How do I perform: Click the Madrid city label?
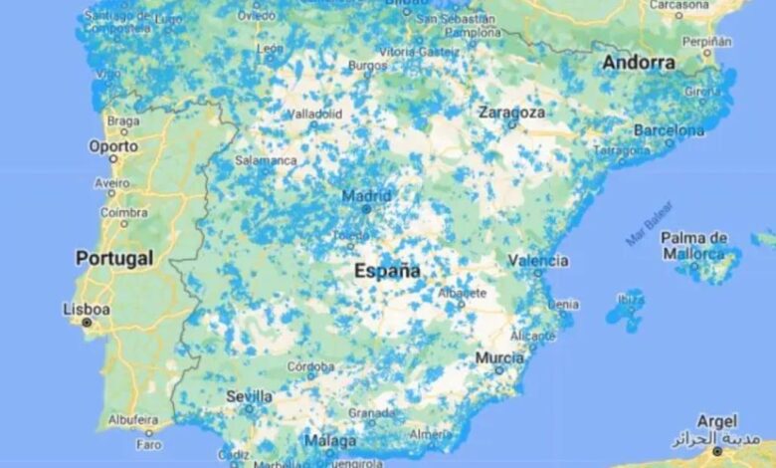pyautogui.click(x=366, y=195)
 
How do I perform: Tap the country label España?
pyautogui.click(x=387, y=270)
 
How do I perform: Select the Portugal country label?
pyautogui.click(x=114, y=258)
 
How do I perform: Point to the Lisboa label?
pyautogui.click(x=87, y=309)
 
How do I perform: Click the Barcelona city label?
pyautogui.click(x=669, y=129)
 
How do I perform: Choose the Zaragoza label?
pyautogui.click(x=511, y=113)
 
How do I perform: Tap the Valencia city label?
pyautogui.click(x=538, y=260)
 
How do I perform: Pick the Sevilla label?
pyautogui.click(x=249, y=395)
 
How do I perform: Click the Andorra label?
pyautogui.click(x=638, y=63)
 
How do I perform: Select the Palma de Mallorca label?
pyautogui.click(x=694, y=245)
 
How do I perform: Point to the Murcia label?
pyautogui.click(x=499, y=357)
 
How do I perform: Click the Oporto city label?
pyautogui.click(x=113, y=145)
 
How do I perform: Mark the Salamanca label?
pyautogui.click(x=266, y=159)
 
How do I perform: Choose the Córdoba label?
pyautogui.click(x=310, y=366)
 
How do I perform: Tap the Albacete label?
pyautogui.click(x=464, y=293)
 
